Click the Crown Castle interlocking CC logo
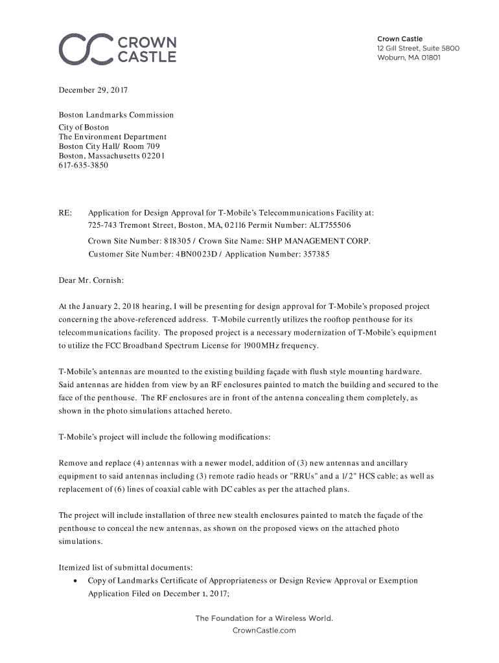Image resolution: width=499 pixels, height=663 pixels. (x=85, y=49)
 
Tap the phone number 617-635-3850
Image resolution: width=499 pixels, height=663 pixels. (x=84, y=166)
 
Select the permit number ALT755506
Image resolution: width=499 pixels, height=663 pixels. (x=327, y=225)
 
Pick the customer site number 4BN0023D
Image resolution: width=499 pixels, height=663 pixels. (x=198, y=254)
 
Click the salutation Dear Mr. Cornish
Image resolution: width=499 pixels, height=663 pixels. (x=91, y=281)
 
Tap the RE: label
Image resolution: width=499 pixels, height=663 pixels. (x=65, y=212)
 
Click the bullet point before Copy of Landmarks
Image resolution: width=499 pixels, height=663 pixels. (x=76, y=581)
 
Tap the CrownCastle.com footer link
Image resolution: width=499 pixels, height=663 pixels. (x=264, y=630)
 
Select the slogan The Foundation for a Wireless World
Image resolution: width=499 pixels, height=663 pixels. (x=264, y=618)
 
